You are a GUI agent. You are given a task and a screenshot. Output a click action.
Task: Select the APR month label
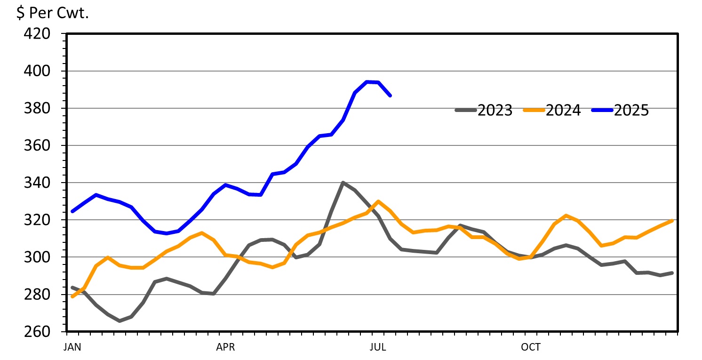225,347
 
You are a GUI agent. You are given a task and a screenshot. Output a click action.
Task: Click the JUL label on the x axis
378,347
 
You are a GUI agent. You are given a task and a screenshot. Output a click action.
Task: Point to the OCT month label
531,347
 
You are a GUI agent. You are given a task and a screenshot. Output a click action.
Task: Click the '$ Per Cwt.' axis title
53,13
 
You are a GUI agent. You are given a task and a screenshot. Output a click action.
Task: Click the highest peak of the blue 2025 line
367,82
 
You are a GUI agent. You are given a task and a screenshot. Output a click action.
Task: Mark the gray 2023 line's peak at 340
343,183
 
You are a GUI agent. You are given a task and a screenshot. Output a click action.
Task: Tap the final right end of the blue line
390,96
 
